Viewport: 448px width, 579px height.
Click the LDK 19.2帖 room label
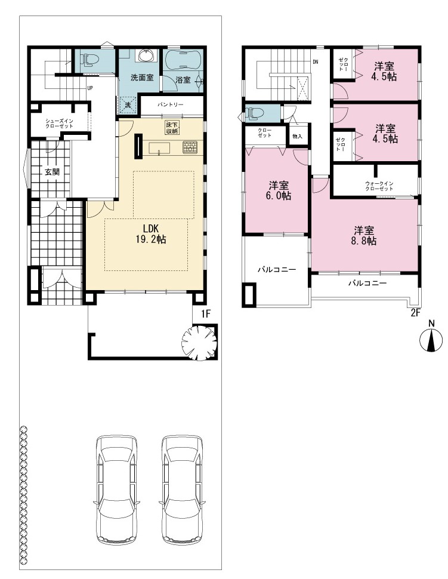point(151,234)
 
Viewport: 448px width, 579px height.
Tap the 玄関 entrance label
point(52,172)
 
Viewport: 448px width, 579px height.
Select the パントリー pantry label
point(170,105)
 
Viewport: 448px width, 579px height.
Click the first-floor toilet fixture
point(89,60)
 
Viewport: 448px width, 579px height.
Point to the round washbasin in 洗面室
point(147,56)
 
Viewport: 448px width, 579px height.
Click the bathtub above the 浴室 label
point(183,60)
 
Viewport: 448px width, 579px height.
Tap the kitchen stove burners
point(190,147)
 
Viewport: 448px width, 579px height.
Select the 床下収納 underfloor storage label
point(172,128)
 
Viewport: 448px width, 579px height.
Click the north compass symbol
point(431,340)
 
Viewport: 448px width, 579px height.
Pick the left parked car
point(116,489)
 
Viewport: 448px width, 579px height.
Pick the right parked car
point(182,489)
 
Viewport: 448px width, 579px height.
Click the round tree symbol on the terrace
point(199,343)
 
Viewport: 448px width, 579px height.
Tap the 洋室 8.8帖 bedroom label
point(365,236)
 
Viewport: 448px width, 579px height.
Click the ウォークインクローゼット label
point(379,186)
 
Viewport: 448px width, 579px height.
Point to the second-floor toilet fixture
point(255,113)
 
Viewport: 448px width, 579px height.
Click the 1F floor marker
point(206,314)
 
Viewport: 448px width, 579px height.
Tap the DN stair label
point(316,62)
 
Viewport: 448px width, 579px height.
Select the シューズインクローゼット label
point(59,124)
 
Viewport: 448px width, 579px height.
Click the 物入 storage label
point(297,136)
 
